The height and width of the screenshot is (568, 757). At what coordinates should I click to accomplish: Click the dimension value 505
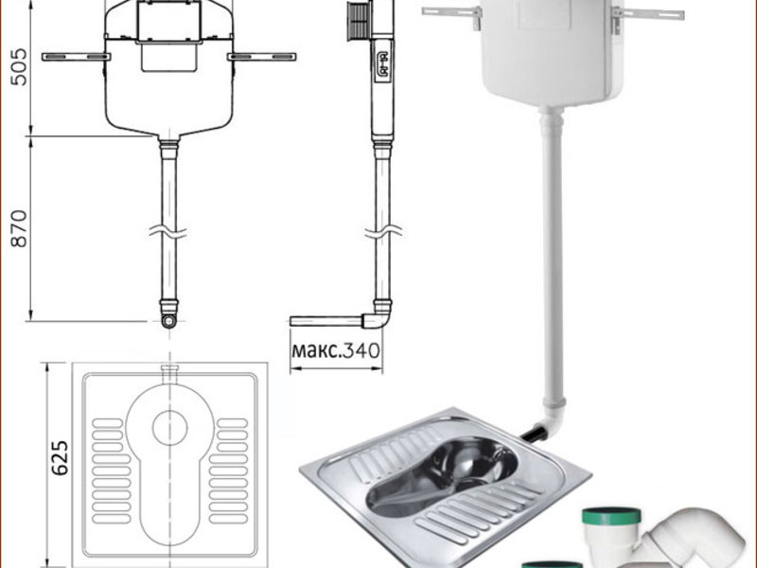pyautogui.click(x=19, y=66)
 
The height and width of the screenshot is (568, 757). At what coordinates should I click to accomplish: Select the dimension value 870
pyautogui.click(x=19, y=228)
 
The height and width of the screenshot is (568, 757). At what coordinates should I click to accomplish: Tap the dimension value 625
pyautogui.click(x=60, y=457)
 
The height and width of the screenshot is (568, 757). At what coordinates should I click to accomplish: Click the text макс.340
pyautogui.click(x=336, y=349)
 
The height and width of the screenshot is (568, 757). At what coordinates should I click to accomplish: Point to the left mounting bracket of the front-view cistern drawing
pyautogui.click(x=76, y=57)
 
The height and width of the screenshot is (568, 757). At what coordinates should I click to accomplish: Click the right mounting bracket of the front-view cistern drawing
pyautogui.click(x=261, y=57)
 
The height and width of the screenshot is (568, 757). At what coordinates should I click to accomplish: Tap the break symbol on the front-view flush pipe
pyautogui.click(x=168, y=232)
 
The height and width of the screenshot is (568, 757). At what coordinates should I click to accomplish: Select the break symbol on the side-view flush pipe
pyautogui.click(x=383, y=232)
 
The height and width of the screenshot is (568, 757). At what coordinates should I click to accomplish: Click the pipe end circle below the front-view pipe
pyautogui.click(x=168, y=321)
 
